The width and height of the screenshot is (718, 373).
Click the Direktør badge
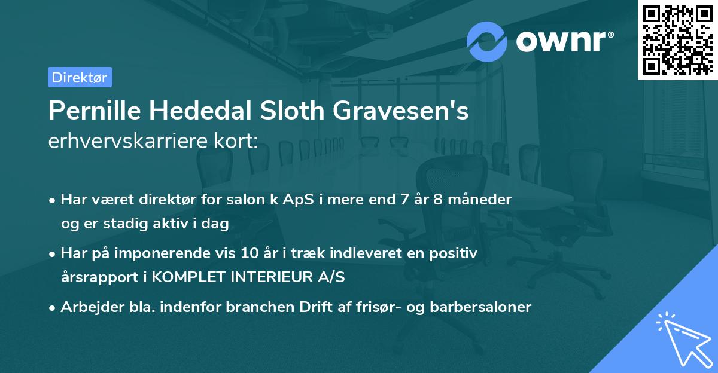[80, 77]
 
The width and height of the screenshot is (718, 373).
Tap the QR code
[678, 39]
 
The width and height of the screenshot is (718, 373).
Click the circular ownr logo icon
[487, 41]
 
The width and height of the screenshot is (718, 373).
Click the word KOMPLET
[182, 277]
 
